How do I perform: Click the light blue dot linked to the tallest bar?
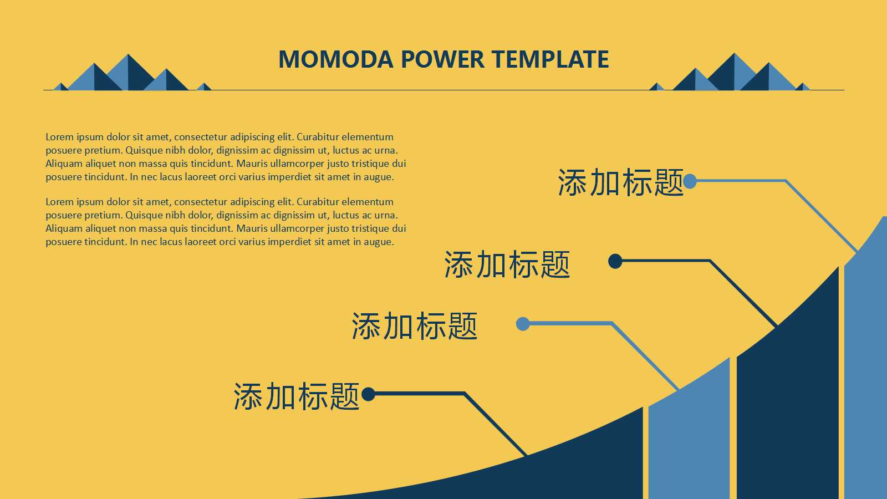coord(690,181)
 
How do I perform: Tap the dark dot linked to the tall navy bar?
coord(615,261)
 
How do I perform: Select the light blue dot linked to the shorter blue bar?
coord(522,324)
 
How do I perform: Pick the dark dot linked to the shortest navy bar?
coord(368,394)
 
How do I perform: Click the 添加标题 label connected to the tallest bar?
coord(620,182)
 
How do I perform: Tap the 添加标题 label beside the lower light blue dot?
coord(414,325)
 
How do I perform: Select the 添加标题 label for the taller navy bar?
coord(507,264)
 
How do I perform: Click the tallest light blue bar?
coord(865,377)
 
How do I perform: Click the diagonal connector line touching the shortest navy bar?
coord(495,424)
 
